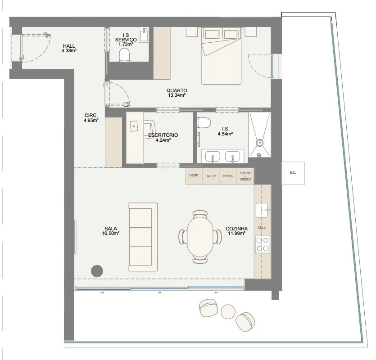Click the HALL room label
pos(69,46)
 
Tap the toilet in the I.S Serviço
pos(124,55)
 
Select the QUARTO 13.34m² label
pos(177,93)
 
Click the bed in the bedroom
pos(221,56)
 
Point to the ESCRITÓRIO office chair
pos(149,129)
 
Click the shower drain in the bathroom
pos(259,142)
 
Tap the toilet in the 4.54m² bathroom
pos(204,122)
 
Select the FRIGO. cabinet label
pos(228,176)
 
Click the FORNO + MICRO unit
pos(245,176)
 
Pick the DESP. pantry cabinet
pos(194,176)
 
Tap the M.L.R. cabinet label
pos(212,176)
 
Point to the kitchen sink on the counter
pos(262,210)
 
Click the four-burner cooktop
pos(263,244)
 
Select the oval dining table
pos(200,236)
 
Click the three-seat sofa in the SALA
pos(143,237)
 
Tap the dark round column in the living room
pos(97,271)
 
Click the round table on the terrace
pos(228,311)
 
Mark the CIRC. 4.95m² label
pos(91,118)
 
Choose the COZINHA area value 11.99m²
pos(236,233)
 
